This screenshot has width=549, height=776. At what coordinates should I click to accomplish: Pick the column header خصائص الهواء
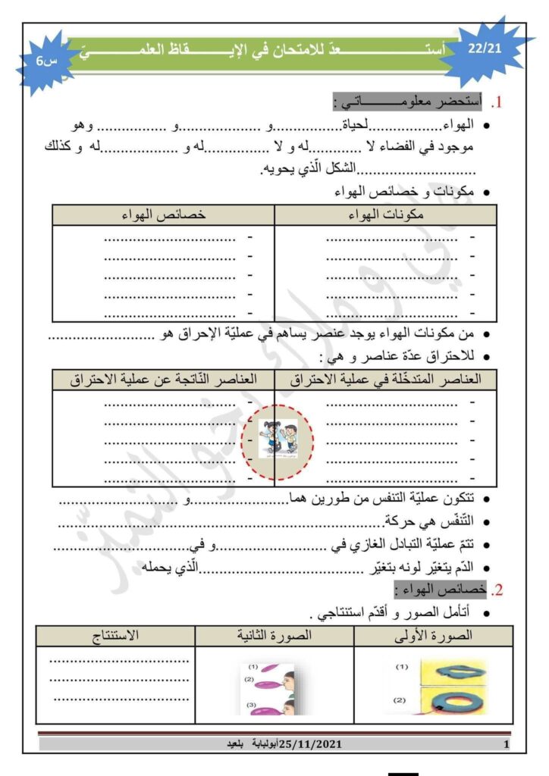[164, 215]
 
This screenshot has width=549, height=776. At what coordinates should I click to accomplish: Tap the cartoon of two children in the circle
[278, 439]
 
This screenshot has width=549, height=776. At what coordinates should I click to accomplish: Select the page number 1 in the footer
[506, 746]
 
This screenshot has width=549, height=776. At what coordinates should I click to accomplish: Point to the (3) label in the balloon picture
[253, 704]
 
